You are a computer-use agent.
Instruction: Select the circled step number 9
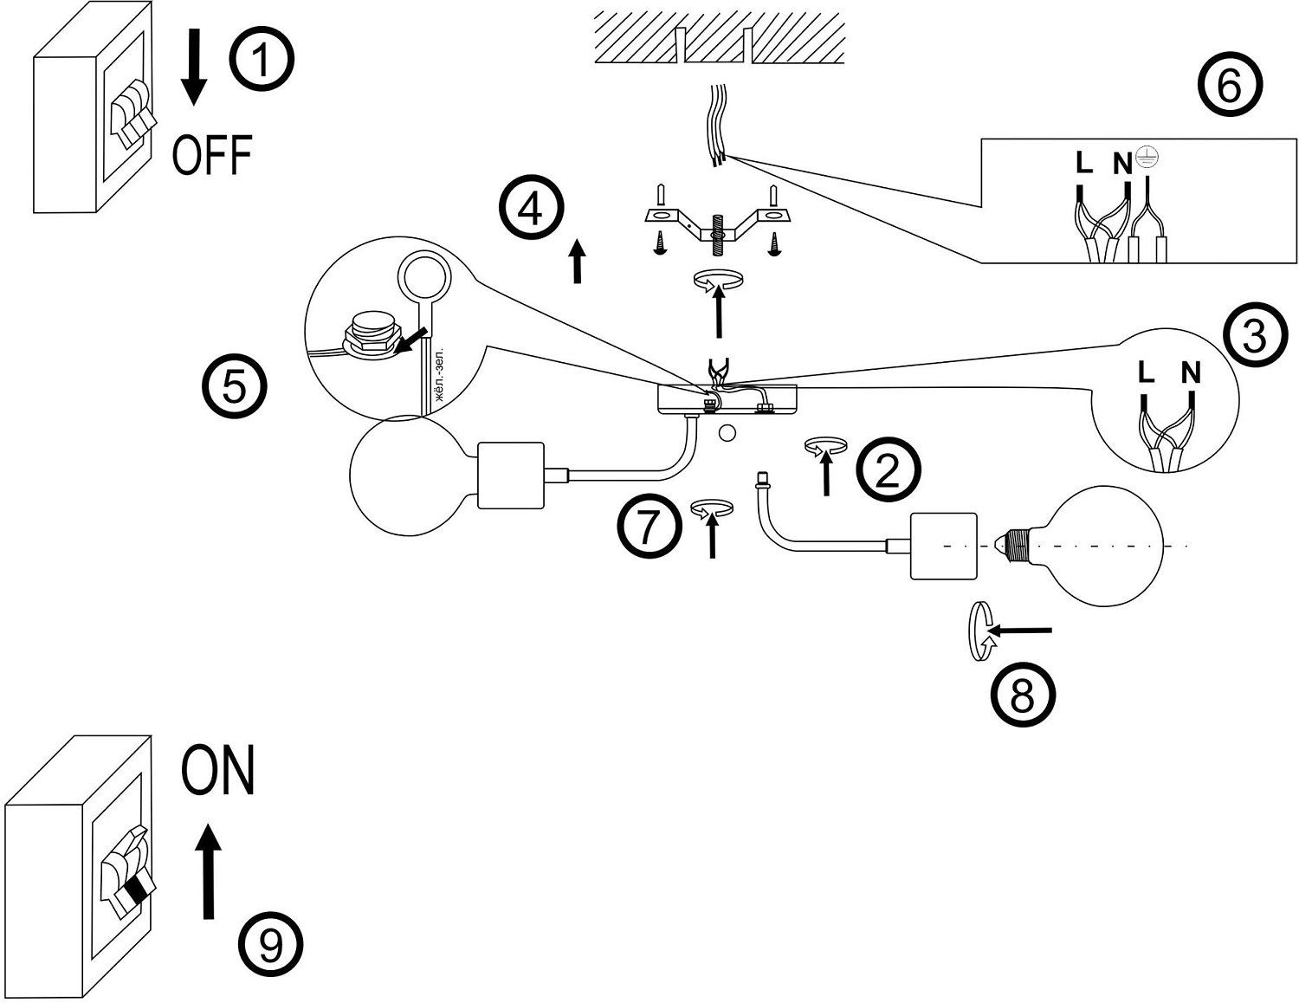271,944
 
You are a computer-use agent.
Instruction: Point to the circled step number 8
1023,694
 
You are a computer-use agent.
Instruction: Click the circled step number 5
235,385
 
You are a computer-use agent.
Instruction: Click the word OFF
212,155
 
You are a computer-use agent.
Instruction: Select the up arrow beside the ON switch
208,871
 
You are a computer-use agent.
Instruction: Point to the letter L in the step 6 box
1083,162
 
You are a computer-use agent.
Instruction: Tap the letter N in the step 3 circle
1191,373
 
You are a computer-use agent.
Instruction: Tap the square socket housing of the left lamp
511,476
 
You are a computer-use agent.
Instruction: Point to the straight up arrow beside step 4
577,261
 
